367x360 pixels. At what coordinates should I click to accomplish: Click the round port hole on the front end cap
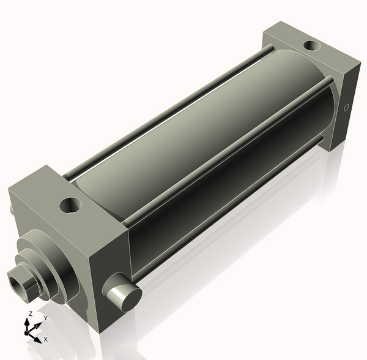click(x=72, y=204)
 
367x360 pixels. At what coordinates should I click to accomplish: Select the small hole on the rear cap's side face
click(x=346, y=108)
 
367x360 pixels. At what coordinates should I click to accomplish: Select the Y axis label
click(x=45, y=318)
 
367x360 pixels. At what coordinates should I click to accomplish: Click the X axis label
click(x=46, y=339)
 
